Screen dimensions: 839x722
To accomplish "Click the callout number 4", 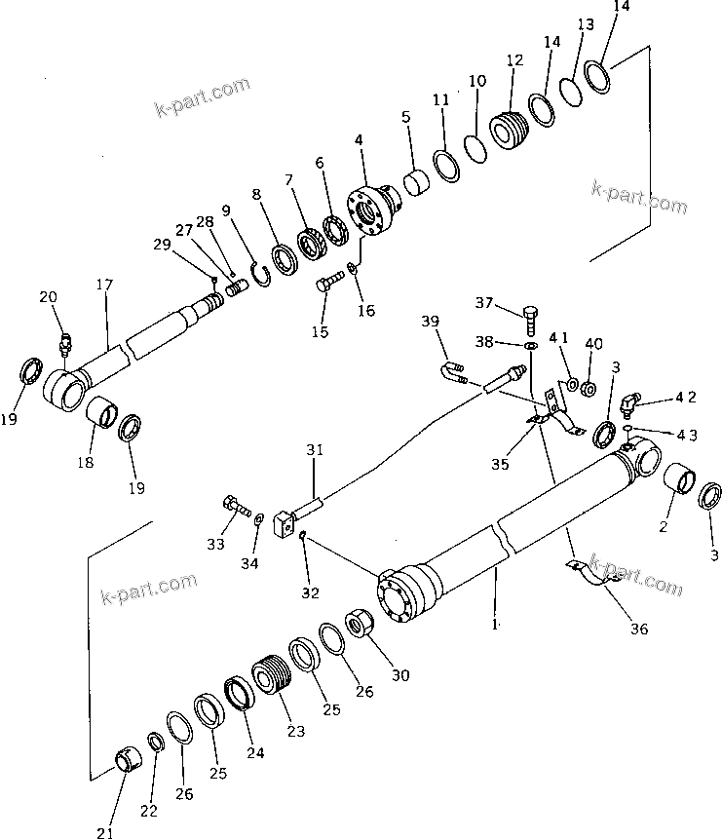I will pyautogui.click(x=360, y=140).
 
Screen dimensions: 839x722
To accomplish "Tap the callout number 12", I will pyautogui.click(x=514, y=60).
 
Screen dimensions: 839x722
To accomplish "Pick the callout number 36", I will pyautogui.click(x=638, y=629).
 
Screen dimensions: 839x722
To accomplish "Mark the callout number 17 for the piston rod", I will pyautogui.click(x=104, y=285).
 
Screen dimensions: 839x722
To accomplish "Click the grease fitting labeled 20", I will pyautogui.click(x=65, y=343).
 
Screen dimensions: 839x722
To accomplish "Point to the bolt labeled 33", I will pyautogui.click(x=234, y=506).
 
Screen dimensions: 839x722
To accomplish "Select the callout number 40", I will pyautogui.click(x=594, y=344).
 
